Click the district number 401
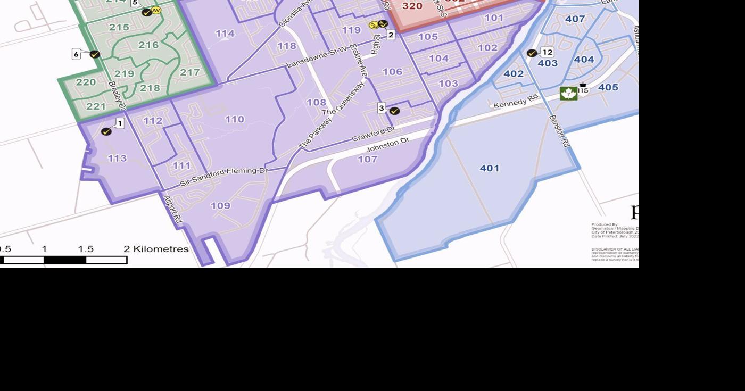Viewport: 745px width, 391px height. pyautogui.click(x=489, y=168)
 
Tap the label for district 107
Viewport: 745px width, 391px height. pyautogui.click(x=367, y=159)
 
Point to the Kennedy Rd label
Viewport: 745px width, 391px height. pyautogui.click(x=516, y=101)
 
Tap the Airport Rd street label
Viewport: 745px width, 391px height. pyautogui.click(x=173, y=210)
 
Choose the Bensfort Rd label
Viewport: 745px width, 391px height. pyautogui.click(x=559, y=131)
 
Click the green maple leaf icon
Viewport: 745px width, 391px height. pyautogui.click(x=568, y=94)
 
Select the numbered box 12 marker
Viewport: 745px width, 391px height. pyautogui.click(x=547, y=52)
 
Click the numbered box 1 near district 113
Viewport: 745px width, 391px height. pyautogui.click(x=120, y=123)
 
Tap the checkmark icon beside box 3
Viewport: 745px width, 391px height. pyautogui.click(x=394, y=111)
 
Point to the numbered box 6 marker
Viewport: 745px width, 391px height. pyautogui.click(x=76, y=54)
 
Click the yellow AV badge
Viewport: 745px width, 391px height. pyautogui.click(x=156, y=10)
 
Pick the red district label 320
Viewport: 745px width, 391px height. pyautogui.click(x=412, y=6)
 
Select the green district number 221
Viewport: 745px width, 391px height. pyautogui.click(x=96, y=106)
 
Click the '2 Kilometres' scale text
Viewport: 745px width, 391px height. pyautogui.click(x=156, y=249)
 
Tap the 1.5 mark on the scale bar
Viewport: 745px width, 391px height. pyautogui.click(x=86, y=249)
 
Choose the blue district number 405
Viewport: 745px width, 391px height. pyautogui.click(x=608, y=87)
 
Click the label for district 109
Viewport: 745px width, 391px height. pyautogui.click(x=220, y=205)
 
